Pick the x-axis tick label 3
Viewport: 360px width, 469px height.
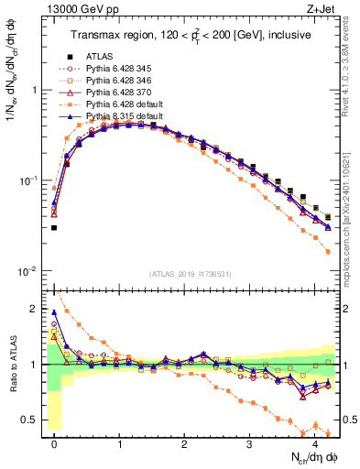click(x=249, y=442)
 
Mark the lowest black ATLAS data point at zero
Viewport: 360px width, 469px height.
click(x=54, y=228)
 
